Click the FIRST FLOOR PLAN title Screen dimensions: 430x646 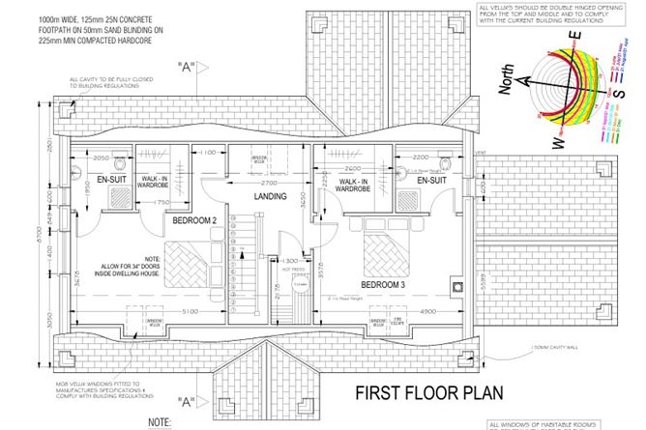[418, 394]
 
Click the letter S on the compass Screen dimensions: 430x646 [616, 111]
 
